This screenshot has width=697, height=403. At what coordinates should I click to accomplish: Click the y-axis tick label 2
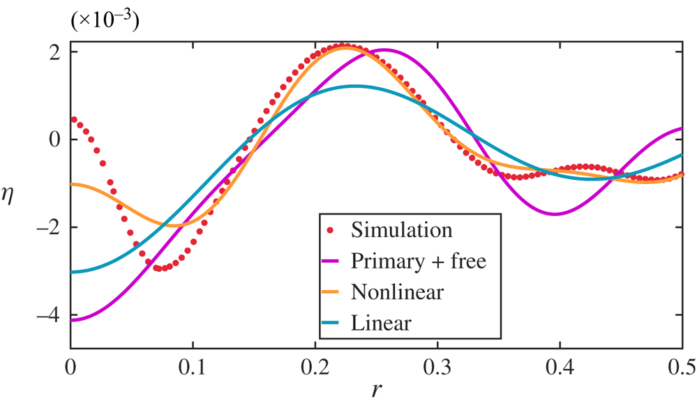(x=53, y=51)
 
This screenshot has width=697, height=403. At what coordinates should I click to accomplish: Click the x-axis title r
(x=377, y=390)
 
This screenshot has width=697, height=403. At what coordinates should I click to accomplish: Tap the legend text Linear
(x=382, y=323)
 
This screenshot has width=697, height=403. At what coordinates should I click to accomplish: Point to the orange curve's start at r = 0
(x=72, y=184)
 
